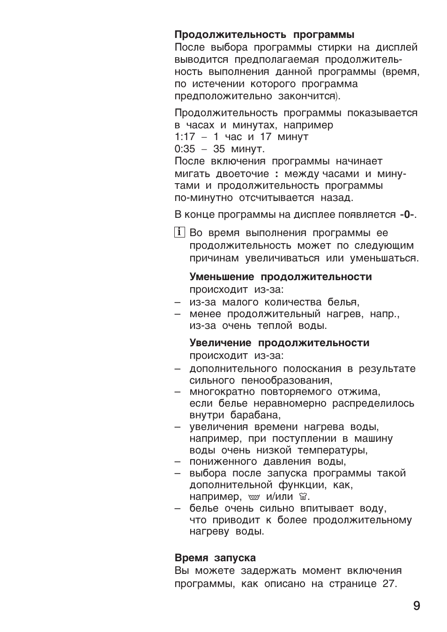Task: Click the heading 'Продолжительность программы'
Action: (x=264, y=35)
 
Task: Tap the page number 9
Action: (x=417, y=606)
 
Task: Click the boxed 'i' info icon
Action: (x=179, y=232)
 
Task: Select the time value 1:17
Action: (x=185, y=137)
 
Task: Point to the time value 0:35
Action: (x=185, y=149)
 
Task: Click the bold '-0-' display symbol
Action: (x=407, y=215)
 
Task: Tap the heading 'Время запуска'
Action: (x=215, y=558)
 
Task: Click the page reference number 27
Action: (x=388, y=584)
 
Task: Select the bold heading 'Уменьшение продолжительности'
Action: (x=280, y=277)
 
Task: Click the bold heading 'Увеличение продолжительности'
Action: (x=279, y=343)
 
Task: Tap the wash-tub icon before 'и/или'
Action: (x=254, y=497)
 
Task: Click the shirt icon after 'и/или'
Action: (x=302, y=497)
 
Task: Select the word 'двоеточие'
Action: (x=243, y=174)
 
